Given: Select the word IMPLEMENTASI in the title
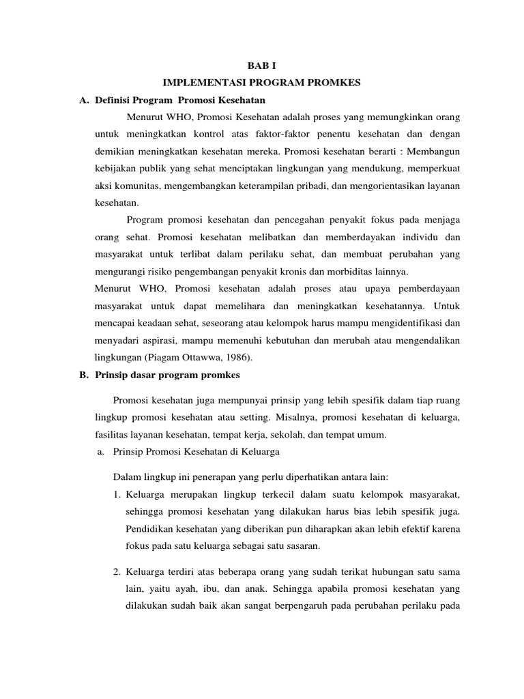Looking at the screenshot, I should [x=201, y=83].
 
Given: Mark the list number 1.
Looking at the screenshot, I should [x=117, y=494].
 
